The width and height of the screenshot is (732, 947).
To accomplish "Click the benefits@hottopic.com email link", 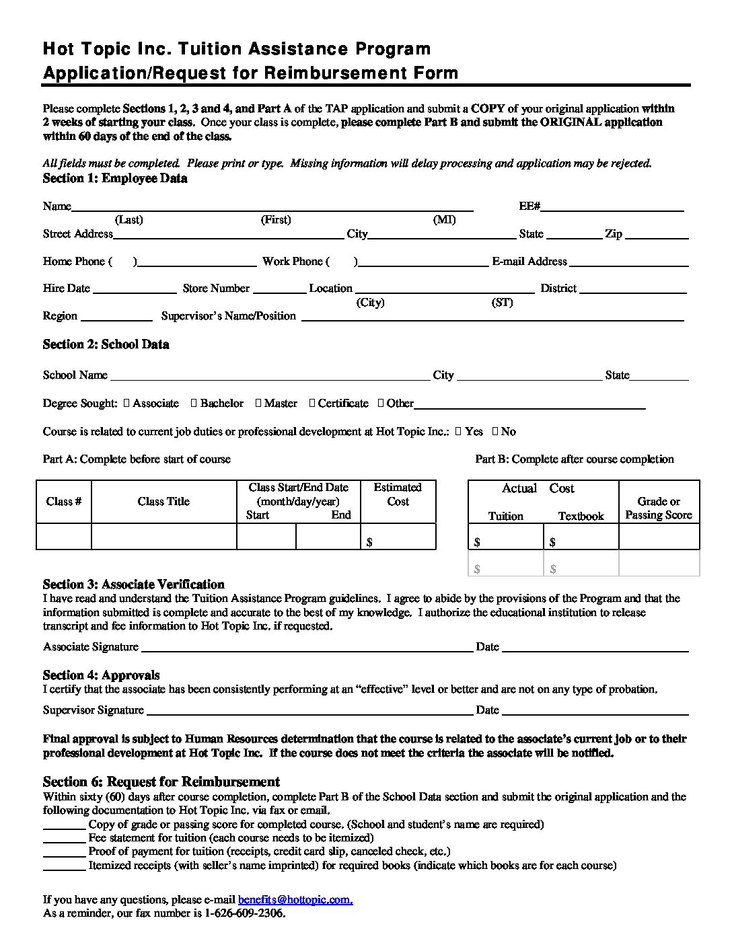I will [295, 900].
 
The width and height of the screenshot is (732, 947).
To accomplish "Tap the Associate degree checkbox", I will [127, 404].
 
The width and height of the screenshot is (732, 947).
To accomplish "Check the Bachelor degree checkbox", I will [194, 404].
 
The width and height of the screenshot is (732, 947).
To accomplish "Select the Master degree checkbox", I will [258, 404].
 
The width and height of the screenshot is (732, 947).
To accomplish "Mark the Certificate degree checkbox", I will [312, 404].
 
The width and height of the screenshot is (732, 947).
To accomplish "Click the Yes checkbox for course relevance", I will [458, 432].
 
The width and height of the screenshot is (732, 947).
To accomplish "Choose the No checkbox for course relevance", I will [495, 432].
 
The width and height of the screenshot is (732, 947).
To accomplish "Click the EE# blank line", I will [613, 210].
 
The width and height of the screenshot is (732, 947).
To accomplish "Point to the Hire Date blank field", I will [135, 292].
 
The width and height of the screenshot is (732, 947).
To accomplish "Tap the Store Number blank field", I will [279, 292].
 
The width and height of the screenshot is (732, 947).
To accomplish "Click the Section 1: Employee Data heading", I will [115, 179].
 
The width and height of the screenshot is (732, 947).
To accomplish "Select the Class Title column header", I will [163, 502].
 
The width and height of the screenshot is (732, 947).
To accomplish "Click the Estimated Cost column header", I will [398, 494].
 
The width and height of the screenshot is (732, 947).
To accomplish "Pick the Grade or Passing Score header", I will [659, 508].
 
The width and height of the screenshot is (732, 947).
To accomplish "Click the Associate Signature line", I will [306, 650].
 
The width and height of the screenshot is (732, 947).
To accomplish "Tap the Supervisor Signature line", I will [309, 714].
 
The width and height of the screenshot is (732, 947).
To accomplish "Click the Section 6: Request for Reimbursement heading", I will [161, 782].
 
